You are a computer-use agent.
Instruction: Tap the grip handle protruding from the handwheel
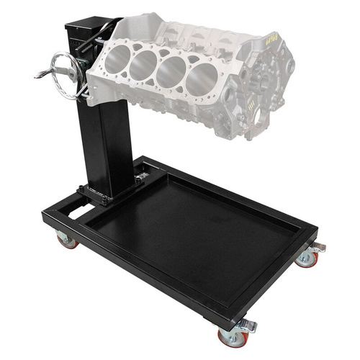40,74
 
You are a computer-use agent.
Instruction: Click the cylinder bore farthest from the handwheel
202,78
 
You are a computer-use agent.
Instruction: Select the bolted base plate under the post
108,193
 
